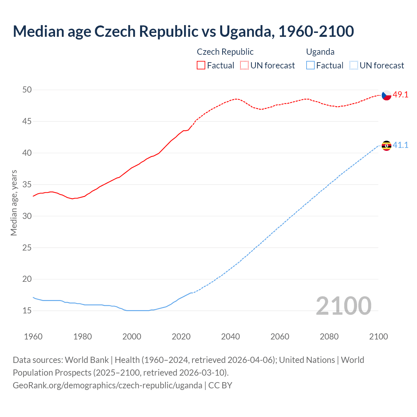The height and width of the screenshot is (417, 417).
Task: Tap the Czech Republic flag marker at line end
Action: click(x=386, y=95)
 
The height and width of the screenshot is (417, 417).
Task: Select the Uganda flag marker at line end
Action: click(x=386, y=146)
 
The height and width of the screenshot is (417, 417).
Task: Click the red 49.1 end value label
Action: click(x=400, y=95)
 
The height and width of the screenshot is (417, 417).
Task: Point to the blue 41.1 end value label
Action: click(x=400, y=145)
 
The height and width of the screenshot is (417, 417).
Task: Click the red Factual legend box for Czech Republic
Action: click(x=201, y=65)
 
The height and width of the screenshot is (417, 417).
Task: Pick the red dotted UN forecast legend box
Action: click(x=244, y=65)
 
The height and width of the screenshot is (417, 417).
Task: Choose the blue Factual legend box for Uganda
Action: click(x=310, y=65)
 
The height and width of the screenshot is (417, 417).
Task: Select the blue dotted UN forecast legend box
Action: click(x=353, y=65)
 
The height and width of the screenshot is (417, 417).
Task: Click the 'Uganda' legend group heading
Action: click(x=320, y=52)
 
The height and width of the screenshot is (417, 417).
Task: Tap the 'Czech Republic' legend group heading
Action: click(x=225, y=52)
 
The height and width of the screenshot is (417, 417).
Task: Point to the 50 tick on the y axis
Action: click(x=27, y=90)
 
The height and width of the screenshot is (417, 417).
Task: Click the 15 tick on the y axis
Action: click(x=27, y=311)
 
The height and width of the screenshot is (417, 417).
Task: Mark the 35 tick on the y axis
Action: click(x=27, y=184)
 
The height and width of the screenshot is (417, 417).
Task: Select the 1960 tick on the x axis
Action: click(x=33, y=337)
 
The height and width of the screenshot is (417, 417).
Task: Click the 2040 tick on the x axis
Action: click(x=230, y=337)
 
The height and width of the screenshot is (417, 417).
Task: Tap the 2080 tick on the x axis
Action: click(x=329, y=337)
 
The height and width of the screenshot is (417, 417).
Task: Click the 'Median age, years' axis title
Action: click(x=14, y=203)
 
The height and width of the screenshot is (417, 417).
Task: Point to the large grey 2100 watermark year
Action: click(x=343, y=306)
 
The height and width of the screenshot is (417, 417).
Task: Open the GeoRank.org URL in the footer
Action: click(x=107, y=385)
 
